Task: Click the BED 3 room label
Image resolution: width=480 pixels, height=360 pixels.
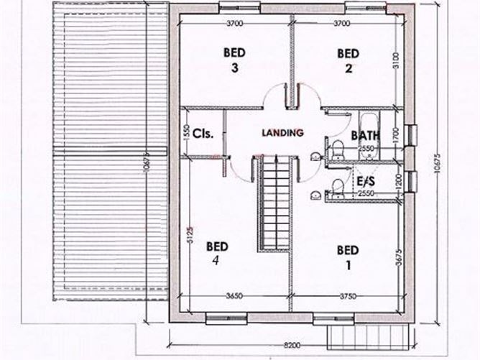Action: pos(235,60)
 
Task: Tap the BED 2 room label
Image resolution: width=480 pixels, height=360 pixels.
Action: pos(347,60)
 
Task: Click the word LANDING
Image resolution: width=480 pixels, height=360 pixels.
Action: pos(283,132)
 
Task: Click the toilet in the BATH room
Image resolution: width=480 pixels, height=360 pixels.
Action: pos(336,147)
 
